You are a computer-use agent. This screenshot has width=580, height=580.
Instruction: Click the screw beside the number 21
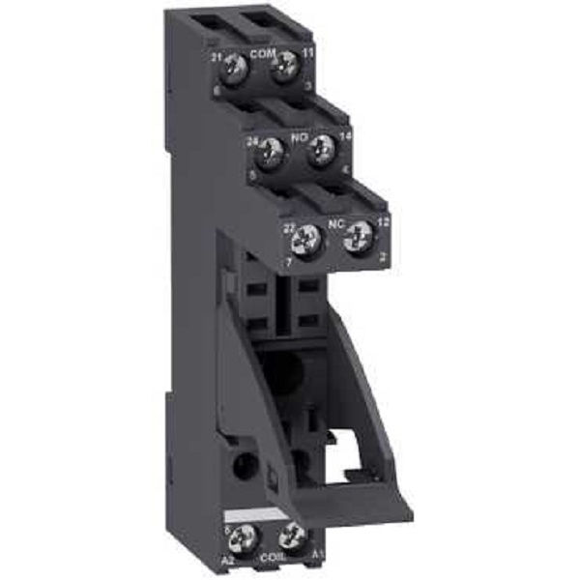click(x=235, y=66)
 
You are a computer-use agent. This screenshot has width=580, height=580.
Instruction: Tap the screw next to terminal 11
click(x=284, y=66)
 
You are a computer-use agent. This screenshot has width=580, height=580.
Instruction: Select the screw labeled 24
click(x=272, y=149)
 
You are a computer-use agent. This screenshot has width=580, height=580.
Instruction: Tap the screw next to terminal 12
click(x=358, y=232)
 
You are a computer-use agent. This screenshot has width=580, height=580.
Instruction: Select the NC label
click(x=335, y=222)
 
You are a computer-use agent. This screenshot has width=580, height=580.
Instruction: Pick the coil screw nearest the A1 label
click(x=291, y=536)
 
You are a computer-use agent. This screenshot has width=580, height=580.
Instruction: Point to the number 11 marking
click(x=307, y=50)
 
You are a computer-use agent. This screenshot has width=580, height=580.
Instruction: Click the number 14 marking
click(x=345, y=137)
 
